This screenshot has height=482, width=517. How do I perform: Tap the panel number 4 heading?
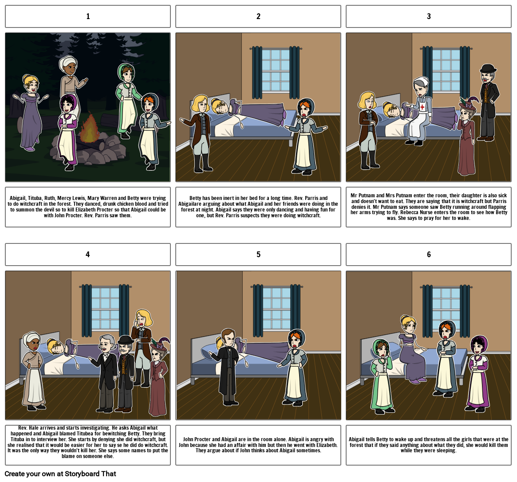click(88, 255)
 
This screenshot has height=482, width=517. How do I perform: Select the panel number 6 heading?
click(429, 255)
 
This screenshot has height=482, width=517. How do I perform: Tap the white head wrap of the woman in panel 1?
click(69, 63)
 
